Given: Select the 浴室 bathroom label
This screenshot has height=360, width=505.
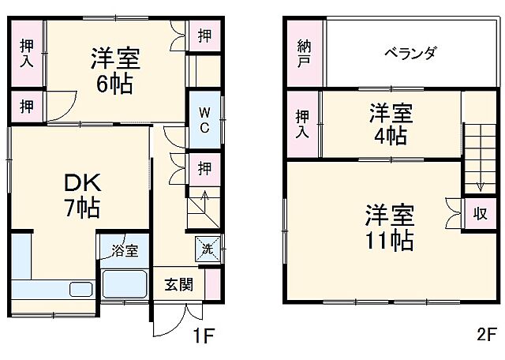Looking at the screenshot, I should click(125, 250).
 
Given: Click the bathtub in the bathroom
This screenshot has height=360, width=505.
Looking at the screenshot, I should click(125, 283).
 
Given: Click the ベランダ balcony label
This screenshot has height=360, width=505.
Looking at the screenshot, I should click(410, 54).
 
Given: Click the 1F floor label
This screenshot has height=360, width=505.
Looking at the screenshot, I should click(203, 337).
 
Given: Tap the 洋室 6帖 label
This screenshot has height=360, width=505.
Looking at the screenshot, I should click(115, 69).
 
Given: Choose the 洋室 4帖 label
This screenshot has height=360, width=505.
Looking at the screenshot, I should click(389, 124).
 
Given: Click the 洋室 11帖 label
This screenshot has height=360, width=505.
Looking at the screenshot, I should click(389, 227).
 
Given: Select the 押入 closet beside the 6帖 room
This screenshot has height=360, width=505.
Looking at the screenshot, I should click(27, 52).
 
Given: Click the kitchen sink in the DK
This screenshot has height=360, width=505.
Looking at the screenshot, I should click(81, 289).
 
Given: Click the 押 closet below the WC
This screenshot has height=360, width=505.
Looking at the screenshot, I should click(204, 168).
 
